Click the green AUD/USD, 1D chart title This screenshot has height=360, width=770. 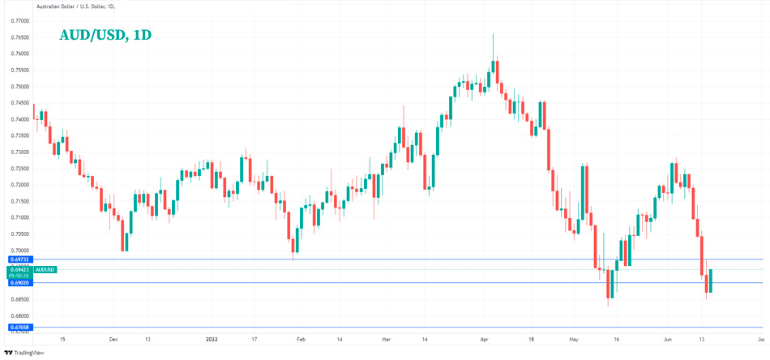point(105,36)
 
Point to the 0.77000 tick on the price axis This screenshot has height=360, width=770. point(20,21)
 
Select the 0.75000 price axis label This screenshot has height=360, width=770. point(20,87)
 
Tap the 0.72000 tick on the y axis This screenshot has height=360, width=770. point(20,185)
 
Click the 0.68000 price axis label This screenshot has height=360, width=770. point(20,315)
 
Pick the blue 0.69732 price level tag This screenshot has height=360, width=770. point(20,259)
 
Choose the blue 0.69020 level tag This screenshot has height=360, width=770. point(20,282)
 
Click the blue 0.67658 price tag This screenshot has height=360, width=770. point(20,328)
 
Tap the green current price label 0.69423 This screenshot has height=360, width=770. point(20,269)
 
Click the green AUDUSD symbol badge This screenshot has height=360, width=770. point(45,269)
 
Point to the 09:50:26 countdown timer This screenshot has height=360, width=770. point(20,276)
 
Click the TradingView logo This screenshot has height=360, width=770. point(24,353)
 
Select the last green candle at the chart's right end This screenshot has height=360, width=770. point(710,281)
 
